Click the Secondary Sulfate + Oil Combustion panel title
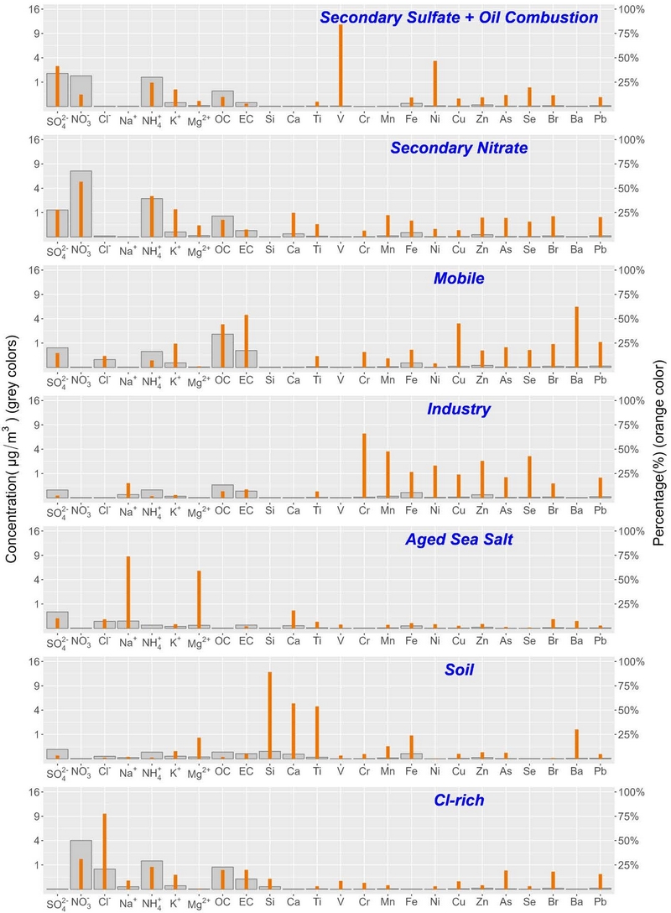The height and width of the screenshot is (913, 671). (x=459, y=18)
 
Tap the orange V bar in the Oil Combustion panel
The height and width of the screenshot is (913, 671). (x=341, y=65)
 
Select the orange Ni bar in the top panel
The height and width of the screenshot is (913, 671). (x=434, y=84)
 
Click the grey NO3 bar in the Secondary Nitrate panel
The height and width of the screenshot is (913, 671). (x=81, y=204)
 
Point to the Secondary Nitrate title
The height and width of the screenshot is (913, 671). (x=459, y=148)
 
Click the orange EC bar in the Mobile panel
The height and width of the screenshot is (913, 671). (x=246, y=342)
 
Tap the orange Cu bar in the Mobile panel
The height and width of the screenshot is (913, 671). (x=459, y=345)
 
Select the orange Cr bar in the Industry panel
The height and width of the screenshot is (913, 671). (x=364, y=466)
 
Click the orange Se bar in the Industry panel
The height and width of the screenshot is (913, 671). (x=529, y=477)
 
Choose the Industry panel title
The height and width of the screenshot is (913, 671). (x=459, y=409)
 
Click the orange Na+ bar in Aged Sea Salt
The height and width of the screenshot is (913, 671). (x=128, y=592)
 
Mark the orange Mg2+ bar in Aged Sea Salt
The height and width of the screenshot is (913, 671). (x=199, y=599)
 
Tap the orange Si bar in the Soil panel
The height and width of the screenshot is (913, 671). (x=270, y=715)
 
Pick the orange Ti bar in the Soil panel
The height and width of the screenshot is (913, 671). (x=317, y=733)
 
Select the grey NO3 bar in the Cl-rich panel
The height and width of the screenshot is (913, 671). (x=81, y=864)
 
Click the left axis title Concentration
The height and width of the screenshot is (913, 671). (x=11, y=448)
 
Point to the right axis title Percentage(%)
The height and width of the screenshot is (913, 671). (x=658, y=452)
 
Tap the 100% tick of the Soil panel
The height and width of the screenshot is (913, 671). (x=631, y=661)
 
